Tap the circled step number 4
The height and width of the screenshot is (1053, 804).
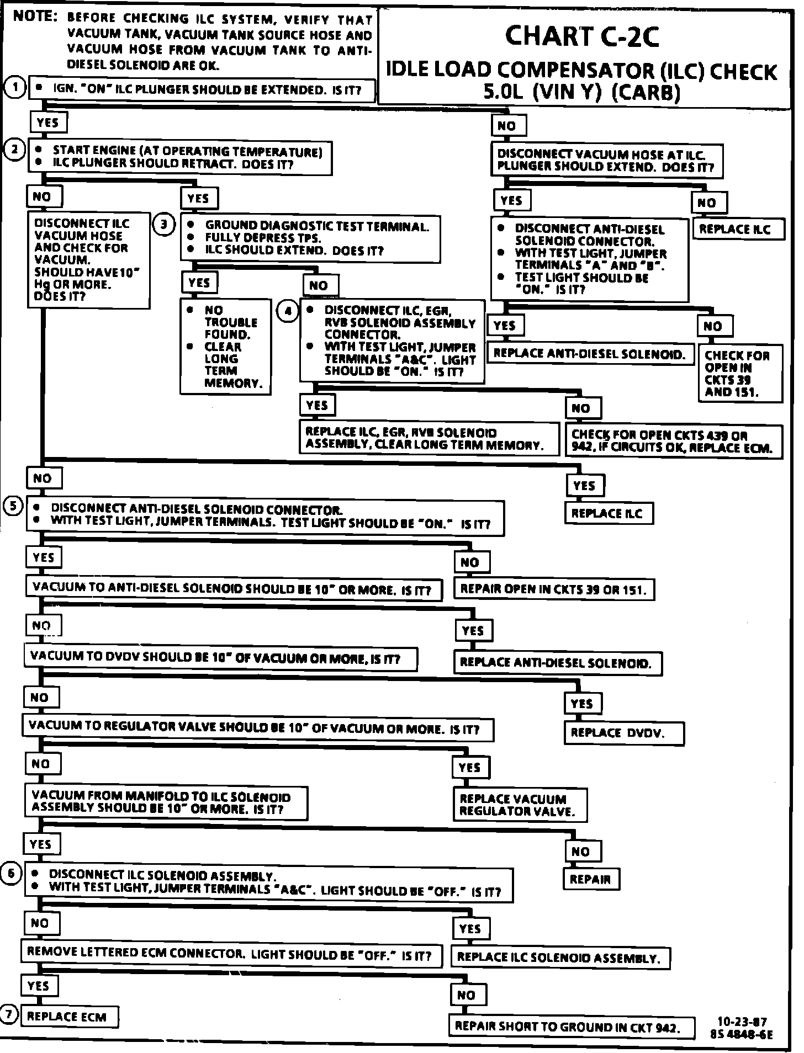click(288, 311)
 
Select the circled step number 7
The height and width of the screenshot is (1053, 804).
click(9, 1014)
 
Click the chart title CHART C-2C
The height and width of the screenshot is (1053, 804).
click(582, 36)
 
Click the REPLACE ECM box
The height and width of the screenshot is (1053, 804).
click(69, 1017)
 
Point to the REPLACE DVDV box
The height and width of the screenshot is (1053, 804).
click(623, 733)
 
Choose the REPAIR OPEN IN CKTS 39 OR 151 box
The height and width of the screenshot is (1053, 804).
click(553, 589)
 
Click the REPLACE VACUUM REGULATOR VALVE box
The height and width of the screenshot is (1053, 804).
click(520, 805)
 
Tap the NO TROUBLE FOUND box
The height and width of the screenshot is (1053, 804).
click(225, 347)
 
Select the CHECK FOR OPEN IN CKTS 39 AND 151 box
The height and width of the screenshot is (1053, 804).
click(739, 374)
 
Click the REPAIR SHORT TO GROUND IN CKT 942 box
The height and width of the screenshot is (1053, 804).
click(571, 1027)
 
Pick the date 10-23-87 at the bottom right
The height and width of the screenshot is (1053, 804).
click(742, 1022)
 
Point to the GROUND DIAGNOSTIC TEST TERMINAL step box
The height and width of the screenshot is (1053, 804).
click(310, 238)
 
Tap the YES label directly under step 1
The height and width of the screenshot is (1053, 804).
click(48, 123)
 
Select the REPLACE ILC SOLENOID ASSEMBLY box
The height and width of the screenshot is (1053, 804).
click(560, 958)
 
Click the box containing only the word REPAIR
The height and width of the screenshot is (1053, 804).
click(591, 879)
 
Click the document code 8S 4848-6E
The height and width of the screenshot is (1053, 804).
click(742, 1035)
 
